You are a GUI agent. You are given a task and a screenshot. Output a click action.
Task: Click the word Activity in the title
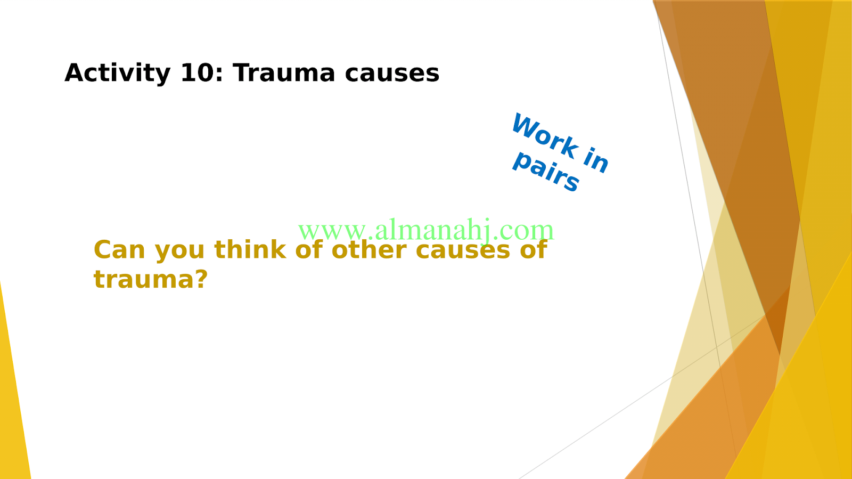(x=118, y=73)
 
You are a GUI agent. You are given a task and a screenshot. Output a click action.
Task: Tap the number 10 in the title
(x=197, y=72)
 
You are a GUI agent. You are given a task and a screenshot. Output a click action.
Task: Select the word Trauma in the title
(x=284, y=72)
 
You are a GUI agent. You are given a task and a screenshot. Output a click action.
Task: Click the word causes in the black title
(x=392, y=74)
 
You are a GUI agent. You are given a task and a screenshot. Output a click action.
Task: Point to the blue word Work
(x=545, y=136)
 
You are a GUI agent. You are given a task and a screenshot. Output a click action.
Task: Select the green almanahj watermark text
(x=426, y=230)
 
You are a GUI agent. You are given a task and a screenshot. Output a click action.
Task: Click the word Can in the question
(x=119, y=250)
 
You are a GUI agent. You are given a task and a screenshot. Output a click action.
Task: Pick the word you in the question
(x=180, y=252)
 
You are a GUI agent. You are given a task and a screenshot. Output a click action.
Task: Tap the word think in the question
(x=250, y=249)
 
